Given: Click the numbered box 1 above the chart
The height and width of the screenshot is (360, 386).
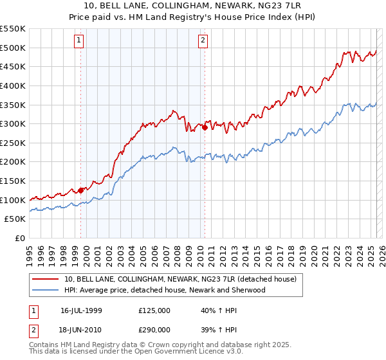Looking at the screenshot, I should click(x=78, y=40).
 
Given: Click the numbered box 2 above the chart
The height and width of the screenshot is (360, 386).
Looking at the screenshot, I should click(x=203, y=40).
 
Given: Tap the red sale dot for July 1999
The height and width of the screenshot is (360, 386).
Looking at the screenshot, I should click(x=81, y=190).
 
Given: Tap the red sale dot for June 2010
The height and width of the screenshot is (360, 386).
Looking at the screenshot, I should click(x=205, y=127).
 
